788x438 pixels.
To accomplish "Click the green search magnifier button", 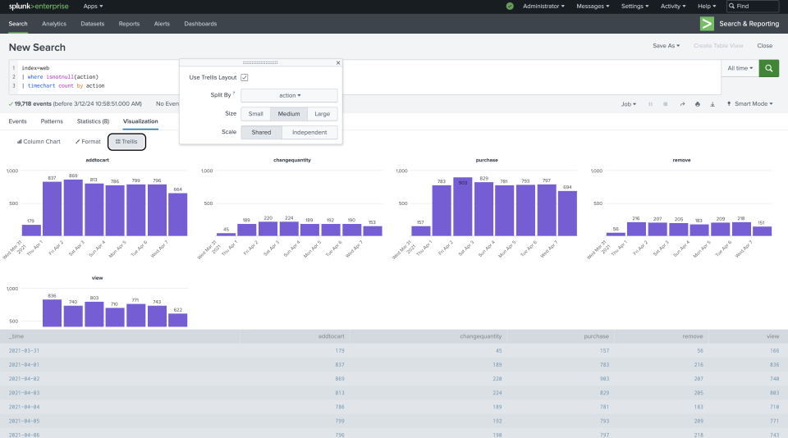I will pyautogui.click(x=769, y=69).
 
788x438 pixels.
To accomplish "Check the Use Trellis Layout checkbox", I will pyautogui.click(x=245, y=77).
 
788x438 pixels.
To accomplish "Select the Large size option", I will pyautogui.click(x=322, y=114).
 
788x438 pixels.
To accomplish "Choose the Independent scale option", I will pyautogui.click(x=309, y=132).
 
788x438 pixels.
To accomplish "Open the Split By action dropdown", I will pyautogui.click(x=289, y=95).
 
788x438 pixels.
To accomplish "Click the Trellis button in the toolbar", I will pyautogui.click(x=126, y=142).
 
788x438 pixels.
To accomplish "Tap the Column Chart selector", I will pyautogui.click(x=39, y=142).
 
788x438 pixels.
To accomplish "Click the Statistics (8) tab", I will pyautogui.click(x=93, y=121).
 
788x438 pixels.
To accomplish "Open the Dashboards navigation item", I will pyautogui.click(x=200, y=24).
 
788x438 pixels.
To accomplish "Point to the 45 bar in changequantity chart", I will pyautogui.click(x=227, y=234).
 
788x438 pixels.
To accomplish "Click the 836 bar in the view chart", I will pyautogui.click(x=53, y=313).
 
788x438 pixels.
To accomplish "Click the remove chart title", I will pyautogui.click(x=680, y=160).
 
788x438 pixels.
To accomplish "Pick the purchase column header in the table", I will pyautogui.click(x=596, y=336).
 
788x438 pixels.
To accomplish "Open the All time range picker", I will pyautogui.click(x=740, y=69).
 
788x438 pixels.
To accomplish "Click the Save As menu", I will pyautogui.click(x=666, y=46).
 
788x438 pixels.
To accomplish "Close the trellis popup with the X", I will pyautogui.click(x=338, y=62).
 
